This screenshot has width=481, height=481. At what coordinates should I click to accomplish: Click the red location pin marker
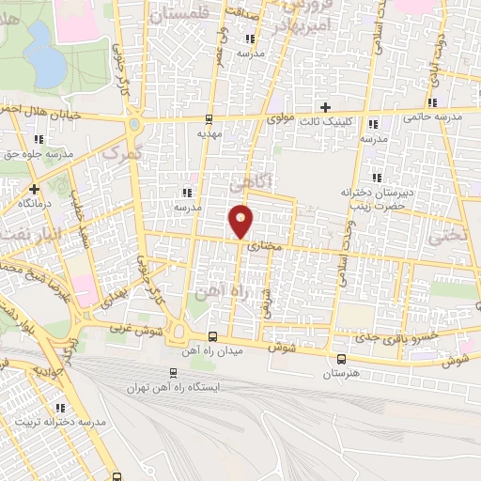[x=241, y=222]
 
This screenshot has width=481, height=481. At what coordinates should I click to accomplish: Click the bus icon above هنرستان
[x=340, y=358]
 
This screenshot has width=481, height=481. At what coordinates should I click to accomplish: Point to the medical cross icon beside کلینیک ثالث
[x=326, y=106]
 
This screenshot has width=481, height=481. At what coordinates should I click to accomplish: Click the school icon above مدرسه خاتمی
[x=433, y=103]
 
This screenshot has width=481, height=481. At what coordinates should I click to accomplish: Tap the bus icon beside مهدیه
[x=209, y=118]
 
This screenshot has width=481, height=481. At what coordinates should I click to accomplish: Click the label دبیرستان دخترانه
[x=372, y=191]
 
